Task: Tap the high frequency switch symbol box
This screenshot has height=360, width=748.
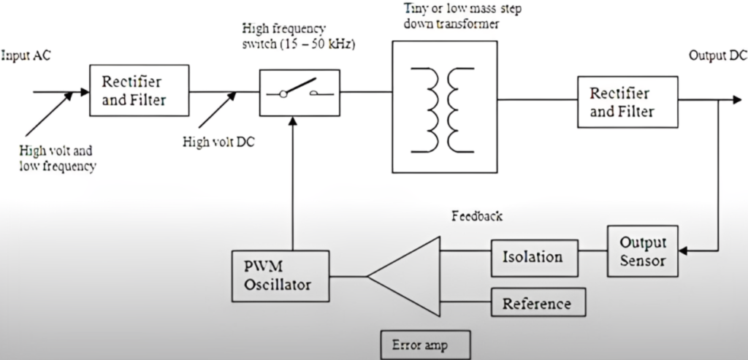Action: (x=299, y=93)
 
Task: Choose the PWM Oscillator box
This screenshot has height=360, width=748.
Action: (x=278, y=275)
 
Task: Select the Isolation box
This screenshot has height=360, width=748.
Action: (x=533, y=257)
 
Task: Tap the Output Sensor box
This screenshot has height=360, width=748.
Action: (x=641, y=251)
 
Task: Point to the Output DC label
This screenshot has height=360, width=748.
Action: (x=717, y=57)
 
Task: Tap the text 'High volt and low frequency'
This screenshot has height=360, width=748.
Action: (x=58, y=159)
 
